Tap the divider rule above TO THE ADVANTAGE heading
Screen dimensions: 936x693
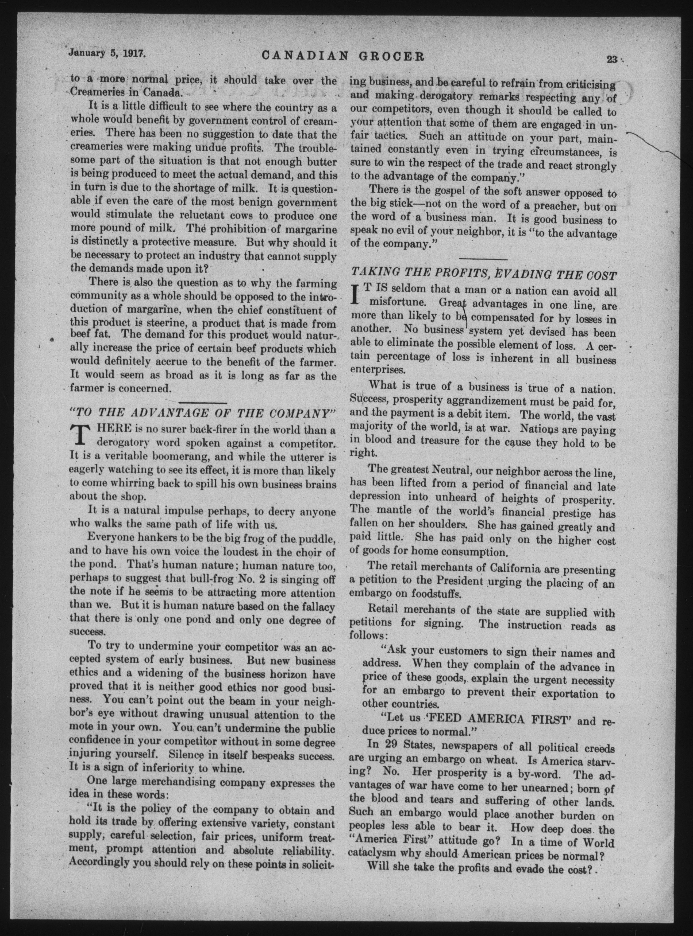[203, 403]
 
